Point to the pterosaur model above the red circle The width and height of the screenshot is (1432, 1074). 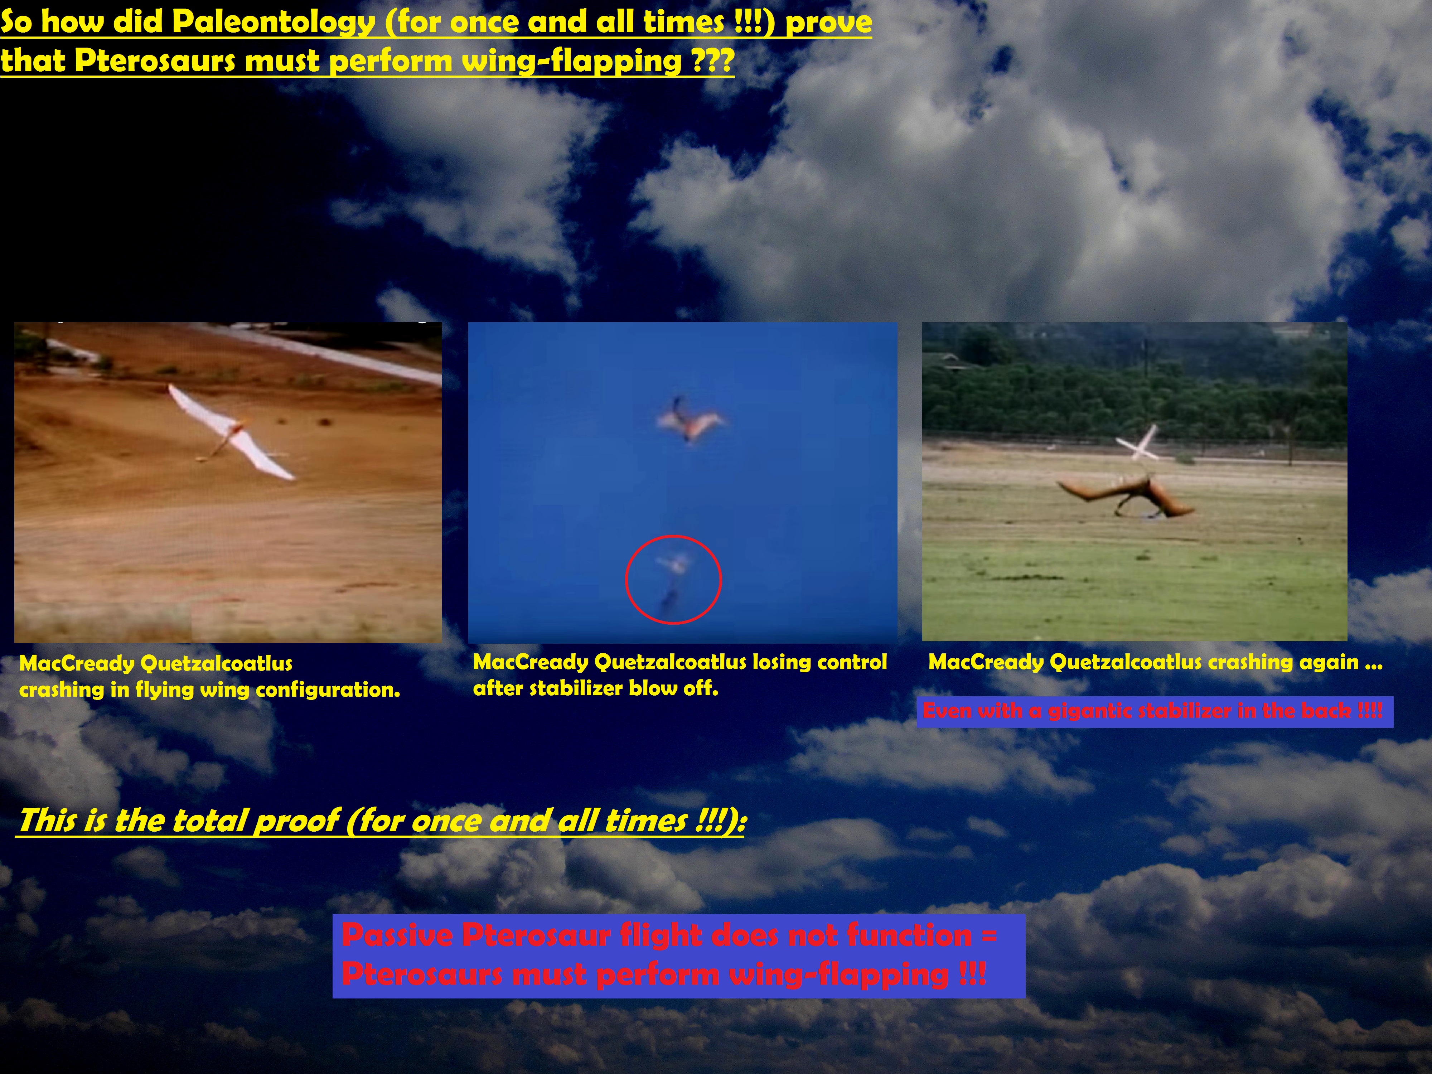pos(690,421)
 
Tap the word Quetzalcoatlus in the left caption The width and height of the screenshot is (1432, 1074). pos(216,664)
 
